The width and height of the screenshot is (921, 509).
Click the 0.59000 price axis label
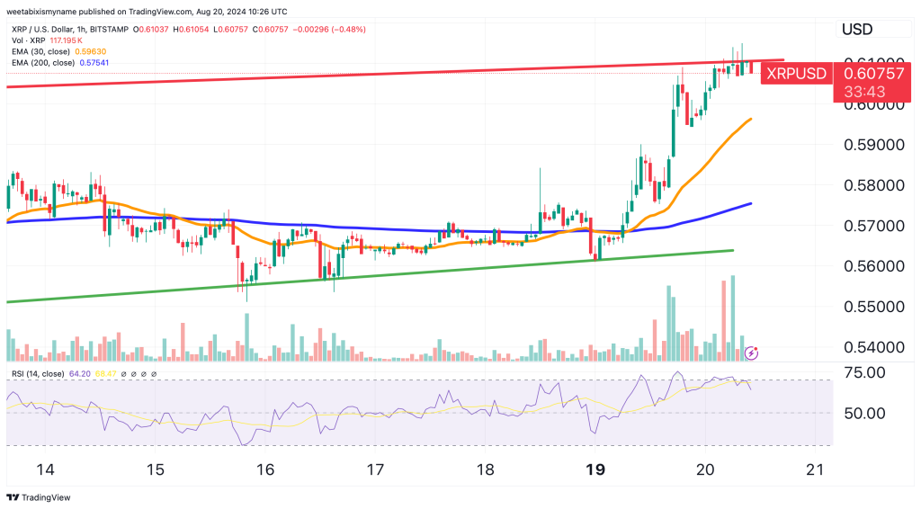click(870, 145)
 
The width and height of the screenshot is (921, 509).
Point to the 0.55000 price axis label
click(870, 307)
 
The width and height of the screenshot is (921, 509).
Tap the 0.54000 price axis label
click(870, 347)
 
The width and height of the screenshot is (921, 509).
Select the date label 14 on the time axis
click(45, 469)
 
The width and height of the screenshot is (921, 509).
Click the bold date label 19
click(595, 469)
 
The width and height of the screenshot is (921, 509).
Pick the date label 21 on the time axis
click(815, 469)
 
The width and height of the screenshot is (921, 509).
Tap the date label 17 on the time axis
click(375, 469)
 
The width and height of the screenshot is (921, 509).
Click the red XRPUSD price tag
click(794, 73)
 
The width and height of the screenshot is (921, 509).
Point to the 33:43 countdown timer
click(863, 91)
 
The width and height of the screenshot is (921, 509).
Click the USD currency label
click(857, 30)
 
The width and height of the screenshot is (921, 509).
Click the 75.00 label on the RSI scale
click(863, 372)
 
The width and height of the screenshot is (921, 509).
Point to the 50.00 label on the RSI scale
click(863, 413)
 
